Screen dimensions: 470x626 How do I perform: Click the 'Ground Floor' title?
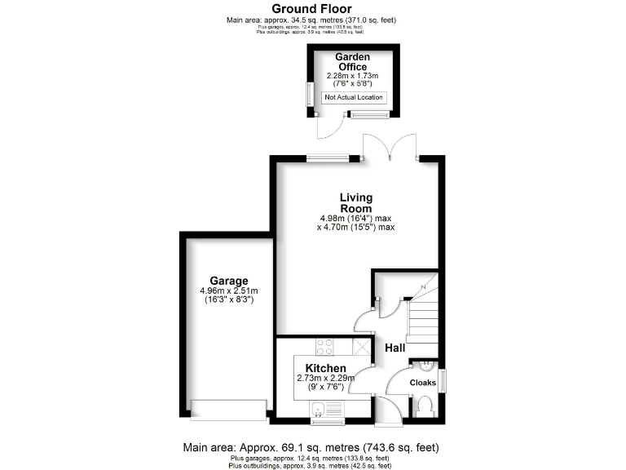point(312,9)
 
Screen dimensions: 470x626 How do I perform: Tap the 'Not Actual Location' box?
point(354,97)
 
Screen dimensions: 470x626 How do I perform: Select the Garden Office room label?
point(353,62)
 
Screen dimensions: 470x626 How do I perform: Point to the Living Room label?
point(356,202)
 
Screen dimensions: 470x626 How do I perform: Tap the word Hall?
point(395,348)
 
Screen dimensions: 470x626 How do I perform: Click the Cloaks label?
point(422,383)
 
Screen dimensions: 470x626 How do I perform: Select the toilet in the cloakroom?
point(423,405)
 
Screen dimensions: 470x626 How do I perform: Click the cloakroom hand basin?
point(424,366)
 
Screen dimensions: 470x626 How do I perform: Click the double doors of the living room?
point(390,148)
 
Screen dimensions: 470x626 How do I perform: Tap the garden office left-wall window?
point(308,93)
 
